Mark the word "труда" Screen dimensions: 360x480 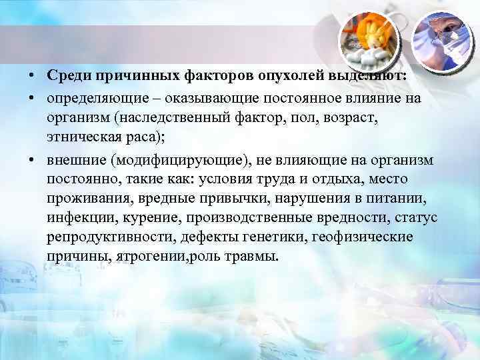tap(292, 181)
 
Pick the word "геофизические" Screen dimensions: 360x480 tap(369, 237)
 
